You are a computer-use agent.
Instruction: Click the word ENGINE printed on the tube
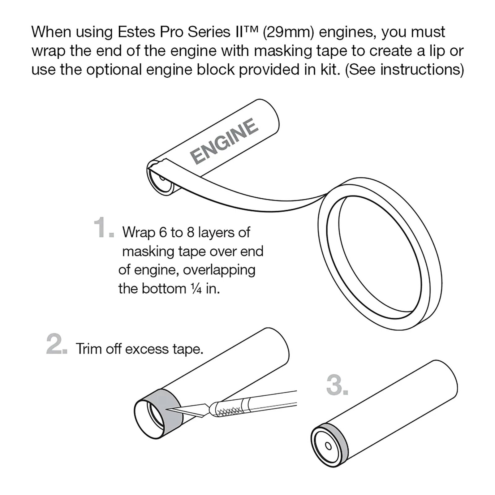tap(224, 141)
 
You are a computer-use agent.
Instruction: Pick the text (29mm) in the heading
tap(288, 32)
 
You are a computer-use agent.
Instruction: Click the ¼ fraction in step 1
tap(196, 289)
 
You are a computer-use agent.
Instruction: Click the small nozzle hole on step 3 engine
tap(329, 446)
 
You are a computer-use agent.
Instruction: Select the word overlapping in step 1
tap(219, 270)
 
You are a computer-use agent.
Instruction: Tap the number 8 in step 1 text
tap(191, 233)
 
